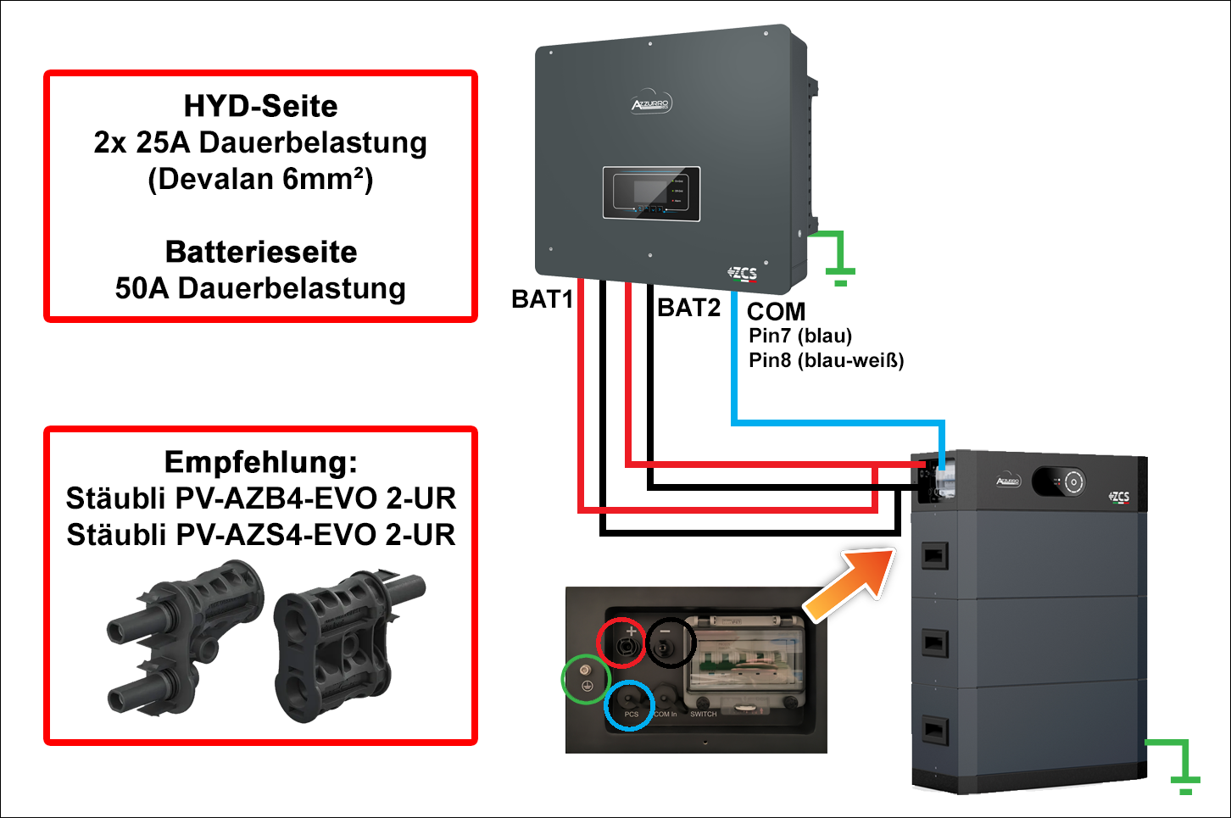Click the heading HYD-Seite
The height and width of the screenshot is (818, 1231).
point(260,106)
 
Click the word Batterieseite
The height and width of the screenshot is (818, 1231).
point(260,252)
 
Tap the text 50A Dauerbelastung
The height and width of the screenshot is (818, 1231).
point(260,288)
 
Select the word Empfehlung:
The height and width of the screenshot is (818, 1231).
point(260,462)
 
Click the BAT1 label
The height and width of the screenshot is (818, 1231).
point(543,299)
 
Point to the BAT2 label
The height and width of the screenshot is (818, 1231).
point(688,308)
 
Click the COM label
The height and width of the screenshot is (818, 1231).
point(776,311)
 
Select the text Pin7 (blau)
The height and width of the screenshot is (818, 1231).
point(800,336)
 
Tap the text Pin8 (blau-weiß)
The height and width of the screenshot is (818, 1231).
point(826,360)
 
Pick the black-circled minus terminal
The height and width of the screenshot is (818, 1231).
point(671,643)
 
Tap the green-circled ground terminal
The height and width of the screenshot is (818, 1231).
point(586,679)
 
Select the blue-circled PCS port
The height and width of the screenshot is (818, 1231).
point(629,704)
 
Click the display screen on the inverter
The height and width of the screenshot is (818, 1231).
point(650,193)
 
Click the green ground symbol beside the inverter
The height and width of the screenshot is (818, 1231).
point(838,259)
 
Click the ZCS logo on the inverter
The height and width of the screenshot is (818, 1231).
point(743,273)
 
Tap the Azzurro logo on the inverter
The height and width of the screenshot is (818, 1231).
point(651,105)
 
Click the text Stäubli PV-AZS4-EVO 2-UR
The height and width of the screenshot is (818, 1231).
point(260,535)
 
